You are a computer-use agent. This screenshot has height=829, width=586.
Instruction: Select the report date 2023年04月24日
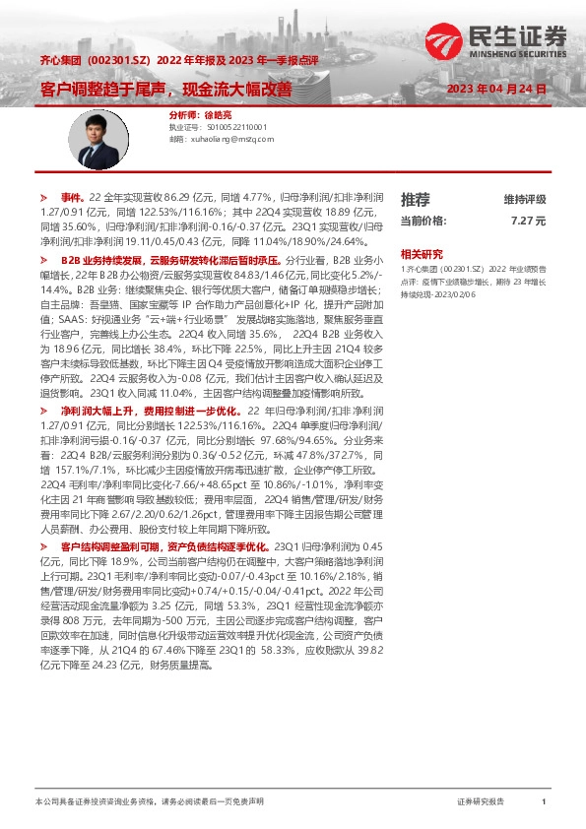[x=496, y=89]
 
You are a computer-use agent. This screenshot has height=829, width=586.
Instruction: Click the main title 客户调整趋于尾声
[x=95, y=89]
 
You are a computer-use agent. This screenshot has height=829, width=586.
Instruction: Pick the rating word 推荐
[x=416, y=199]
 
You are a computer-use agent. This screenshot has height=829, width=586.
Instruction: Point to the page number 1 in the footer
[x=544, y=803]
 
